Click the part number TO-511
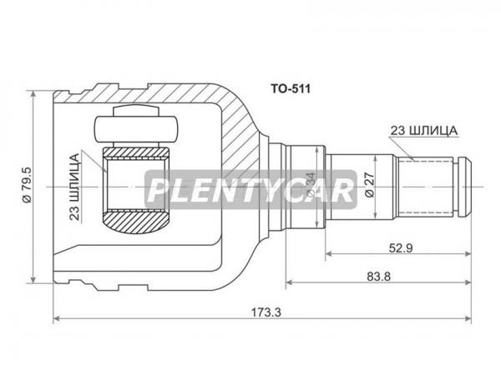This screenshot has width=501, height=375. pyautogui.click(x=291, y=88)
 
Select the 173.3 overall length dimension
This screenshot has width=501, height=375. pyautogui.click(x=266, y=312)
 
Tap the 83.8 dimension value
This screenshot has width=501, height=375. pyautogui.click(x=378, y=276)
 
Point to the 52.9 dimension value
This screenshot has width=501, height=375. pyautogui.click(x=401, y=247)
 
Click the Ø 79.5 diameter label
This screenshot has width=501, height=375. pyautogui.click(x=28, y=185)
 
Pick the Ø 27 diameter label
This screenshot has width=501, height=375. pyautogui.click(x=369, y=185)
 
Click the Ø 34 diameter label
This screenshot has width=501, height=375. pyautogui.click(x=311, y=185)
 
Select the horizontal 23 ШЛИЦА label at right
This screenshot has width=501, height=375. pyautogui.click(x=423, y=131)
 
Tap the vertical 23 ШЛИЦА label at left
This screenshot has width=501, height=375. pyautogui.click(x=74, y=187)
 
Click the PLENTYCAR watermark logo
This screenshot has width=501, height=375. pyautogui.click(x=250, y=190)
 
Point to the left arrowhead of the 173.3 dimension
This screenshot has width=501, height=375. pyautogui.click(x=57, y=318)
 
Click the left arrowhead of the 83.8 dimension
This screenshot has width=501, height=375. pyautogui.click(x=289, y=282)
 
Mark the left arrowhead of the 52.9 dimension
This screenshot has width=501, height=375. pyautogui.click(x=329, y=254)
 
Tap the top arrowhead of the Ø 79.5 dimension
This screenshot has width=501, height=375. pyautogui.click(x=33, y=94)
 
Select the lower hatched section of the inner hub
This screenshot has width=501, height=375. pyautogui.click(x=135, y=222)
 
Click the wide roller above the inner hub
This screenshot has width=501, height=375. pyautogui.click(x=135, y=129)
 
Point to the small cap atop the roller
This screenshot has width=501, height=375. pyautogui.click(x=136, y=111)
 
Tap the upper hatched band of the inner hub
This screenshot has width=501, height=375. pyautogui.click(x=135, y=153)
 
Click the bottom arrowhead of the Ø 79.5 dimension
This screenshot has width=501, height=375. pyautogui.click(x=33, y=279)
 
